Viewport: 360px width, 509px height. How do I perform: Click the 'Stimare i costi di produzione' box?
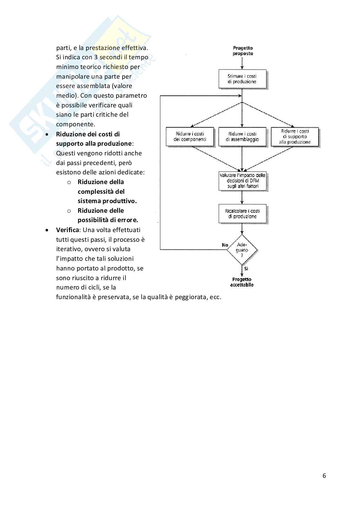pyautogui.click(x=242, y=79)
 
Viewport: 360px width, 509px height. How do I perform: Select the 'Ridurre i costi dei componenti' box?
pyautogui.click(x=190, y=137)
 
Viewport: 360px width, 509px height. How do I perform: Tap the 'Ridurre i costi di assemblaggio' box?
pyautogui.click(x=242, y=137)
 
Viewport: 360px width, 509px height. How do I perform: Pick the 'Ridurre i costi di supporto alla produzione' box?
pyautogui.click(x=295, y=137)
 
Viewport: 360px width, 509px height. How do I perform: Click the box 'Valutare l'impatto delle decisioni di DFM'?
pyautogui.click(x=242, y=181)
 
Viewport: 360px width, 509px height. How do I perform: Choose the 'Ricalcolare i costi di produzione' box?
pyautogui.click(x=242, y=213)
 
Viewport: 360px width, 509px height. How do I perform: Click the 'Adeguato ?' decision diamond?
pyautogui.click(x=242, y=250)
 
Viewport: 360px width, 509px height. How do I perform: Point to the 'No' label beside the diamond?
pyautogui.click(x=225, y=245)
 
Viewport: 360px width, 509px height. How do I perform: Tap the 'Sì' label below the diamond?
pyautogui.click(x=246, y=269)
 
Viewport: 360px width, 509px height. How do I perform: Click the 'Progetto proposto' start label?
pyautogui.click(x=243, y=51)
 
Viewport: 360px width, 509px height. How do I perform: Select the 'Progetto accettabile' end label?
pyautogui.click(x=242, y=282)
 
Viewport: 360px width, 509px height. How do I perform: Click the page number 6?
pyautogui.click(x=324, y=476)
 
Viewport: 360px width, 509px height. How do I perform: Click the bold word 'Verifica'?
pyautogui.click(x=67, y=230)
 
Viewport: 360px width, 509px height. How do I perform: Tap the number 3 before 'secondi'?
pyautogui.click(x=96, y=57)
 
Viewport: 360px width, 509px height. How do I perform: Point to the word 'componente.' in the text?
pyautogui.click(x=75, y=124)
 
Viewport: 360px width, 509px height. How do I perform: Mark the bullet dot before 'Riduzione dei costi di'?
pyautogui.click(x=47, y=134)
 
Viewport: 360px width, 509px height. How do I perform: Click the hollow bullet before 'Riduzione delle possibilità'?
pyautogui.click(x=69, y=211)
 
